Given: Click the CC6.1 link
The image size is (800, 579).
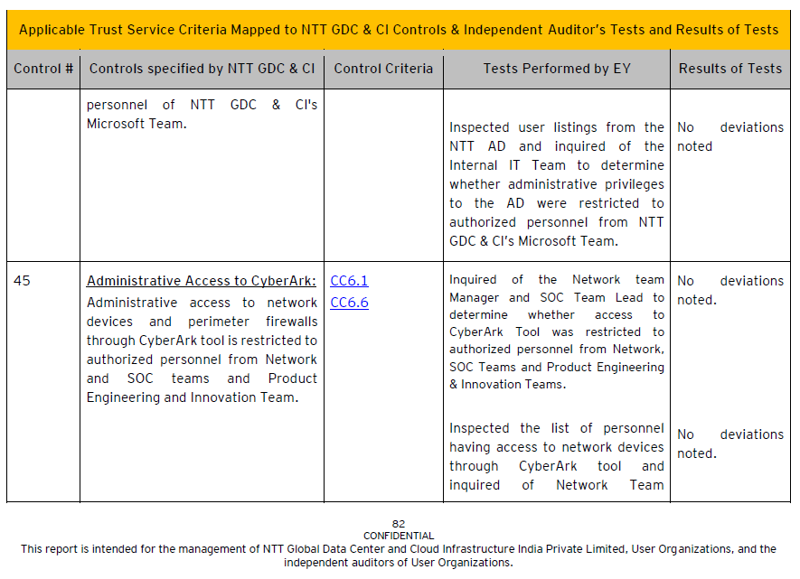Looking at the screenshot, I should click(349, 281).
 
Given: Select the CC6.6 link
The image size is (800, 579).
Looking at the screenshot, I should click(349, 303).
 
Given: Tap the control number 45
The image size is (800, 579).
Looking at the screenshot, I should click(22, 281).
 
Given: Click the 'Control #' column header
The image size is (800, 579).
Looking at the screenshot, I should click(43, 69).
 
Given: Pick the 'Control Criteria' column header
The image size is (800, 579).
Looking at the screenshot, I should click(383, 69).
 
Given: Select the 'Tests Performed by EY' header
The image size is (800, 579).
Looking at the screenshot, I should click(557, 69).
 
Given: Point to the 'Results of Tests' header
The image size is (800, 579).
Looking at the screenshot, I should click(730, 69).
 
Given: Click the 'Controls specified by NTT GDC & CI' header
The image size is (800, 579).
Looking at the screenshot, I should click(202, 69).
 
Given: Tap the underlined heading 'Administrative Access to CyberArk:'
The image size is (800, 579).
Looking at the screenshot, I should click(202, 281).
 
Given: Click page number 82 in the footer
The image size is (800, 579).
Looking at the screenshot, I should click(399, 524).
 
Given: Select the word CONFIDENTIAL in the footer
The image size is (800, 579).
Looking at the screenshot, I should click(399, 536).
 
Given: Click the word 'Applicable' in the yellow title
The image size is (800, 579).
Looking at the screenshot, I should click(52, 30).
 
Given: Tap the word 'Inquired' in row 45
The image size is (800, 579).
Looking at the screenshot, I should click(474, 280).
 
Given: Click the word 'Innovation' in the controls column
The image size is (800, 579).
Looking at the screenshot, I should click(241, 397).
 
